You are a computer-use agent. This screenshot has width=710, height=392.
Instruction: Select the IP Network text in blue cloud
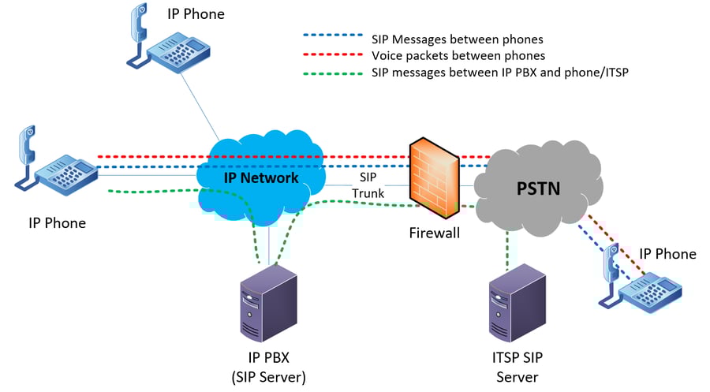[261, 177]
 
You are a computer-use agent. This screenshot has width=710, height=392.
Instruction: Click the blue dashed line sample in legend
[332, 36]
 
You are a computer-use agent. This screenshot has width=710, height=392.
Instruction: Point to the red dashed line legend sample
[332, 56]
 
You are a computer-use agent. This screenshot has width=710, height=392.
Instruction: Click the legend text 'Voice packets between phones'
[458, 56]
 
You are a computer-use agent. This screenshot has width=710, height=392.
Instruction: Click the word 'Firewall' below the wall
[434, 233]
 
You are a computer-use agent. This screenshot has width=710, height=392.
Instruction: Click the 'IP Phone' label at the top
[196, 14]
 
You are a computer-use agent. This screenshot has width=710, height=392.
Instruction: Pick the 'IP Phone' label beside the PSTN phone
[667, 254]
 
